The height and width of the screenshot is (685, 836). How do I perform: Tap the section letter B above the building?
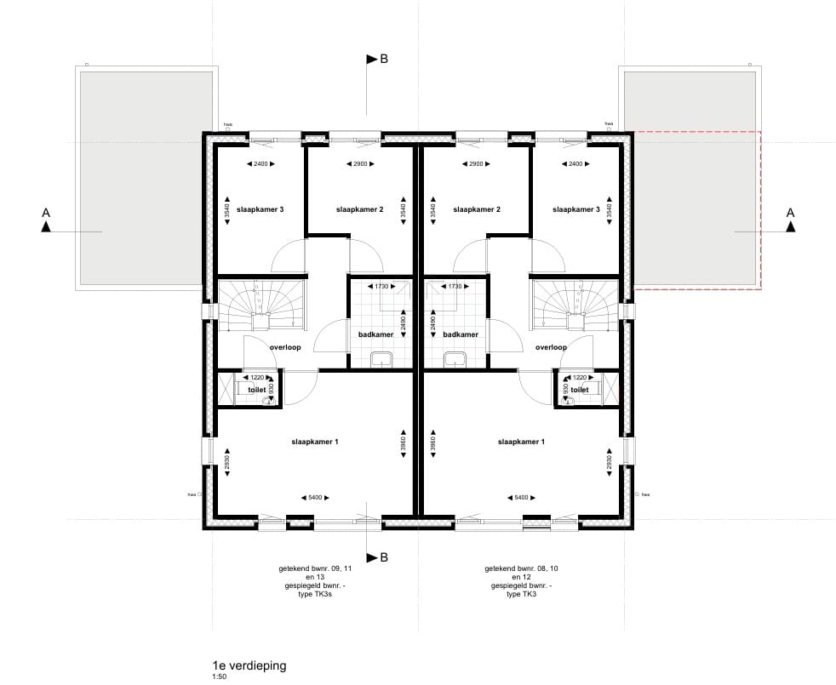[x=383, y=60]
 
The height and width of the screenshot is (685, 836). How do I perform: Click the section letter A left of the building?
[x=46, y=212]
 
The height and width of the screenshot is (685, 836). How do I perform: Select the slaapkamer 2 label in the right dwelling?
[x=476, y=209]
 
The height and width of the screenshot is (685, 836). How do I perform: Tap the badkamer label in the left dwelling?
[x=375, y=334]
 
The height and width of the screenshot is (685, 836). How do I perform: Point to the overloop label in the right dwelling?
[x=552, y=347]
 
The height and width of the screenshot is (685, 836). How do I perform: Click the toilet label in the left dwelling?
[x=256, y=390]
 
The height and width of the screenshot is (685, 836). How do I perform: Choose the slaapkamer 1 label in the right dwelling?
[x=521, y=442]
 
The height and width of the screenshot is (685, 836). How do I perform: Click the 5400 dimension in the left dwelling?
[x=314, y=498]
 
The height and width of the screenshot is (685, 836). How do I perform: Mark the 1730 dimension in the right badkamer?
[x=454, y=287]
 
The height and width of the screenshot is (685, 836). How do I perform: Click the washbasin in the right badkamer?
[x=455, y=357]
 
